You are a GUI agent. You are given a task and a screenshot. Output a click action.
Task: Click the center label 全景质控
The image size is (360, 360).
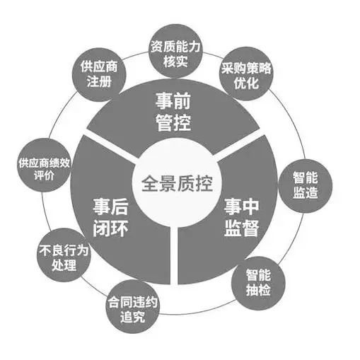pyautogui.click(x=178, y=183)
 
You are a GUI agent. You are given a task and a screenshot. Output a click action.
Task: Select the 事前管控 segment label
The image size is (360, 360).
pyautogui.click(x=173, y=112)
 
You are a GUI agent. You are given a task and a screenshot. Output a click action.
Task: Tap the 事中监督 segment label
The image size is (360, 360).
pyautogui.click(x=242, y=217)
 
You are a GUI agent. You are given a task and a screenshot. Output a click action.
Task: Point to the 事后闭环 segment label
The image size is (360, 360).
pyautogui.click(x=110, y=217)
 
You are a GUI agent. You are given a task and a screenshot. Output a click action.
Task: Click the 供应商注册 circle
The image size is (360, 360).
pyautogui.click(x=99, y=74)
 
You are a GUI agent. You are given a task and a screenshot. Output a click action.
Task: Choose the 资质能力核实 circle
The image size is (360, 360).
pyautogui.click(x=175, y=50)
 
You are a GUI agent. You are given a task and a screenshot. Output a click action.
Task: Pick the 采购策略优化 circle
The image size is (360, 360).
pyautogui.click(x=246, y=74)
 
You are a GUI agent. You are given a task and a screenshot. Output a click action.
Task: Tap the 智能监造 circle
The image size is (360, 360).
pyautogui.click(x=306, y=185)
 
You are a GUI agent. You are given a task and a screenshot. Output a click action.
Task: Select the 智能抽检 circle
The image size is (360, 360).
pyautogui.click(x=258, y=283)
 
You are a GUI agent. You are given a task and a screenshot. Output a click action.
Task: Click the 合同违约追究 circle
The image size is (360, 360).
pyautogui.click(x=133, y=306)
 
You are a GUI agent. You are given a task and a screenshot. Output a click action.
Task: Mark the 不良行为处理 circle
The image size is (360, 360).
pyautogui.click(x=64, y=255)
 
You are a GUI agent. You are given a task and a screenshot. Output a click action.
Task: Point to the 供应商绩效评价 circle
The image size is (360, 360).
pyautogui.click(x=45, y=165)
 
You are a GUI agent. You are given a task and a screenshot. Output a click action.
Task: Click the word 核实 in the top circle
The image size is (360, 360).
pyautogui.click(x=175, y=62)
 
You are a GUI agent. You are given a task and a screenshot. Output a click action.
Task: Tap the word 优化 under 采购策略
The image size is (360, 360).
pyautogui.click(x=246, y=83)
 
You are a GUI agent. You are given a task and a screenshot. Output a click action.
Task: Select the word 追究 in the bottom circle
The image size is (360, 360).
pyautogui.click(x=133, y=317)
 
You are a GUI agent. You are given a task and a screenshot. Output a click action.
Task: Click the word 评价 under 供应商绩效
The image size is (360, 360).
pyautogui.click(x=45, y=175)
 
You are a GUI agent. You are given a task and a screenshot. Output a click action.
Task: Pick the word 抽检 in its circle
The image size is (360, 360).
pyautogui.click(x=258, y=289)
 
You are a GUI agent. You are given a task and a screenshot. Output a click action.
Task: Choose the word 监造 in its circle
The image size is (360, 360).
pyautogui.click(x=306, y=192)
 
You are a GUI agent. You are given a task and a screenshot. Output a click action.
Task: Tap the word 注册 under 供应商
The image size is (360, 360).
pyautogui.click(x=99, y=81)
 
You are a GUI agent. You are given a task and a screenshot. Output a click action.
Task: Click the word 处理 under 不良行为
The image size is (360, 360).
pyautogui.click(x=64, y=265)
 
